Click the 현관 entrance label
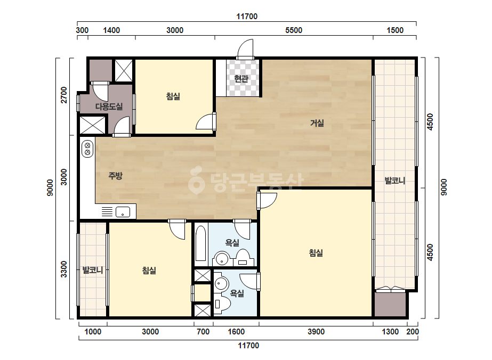coord(241,78)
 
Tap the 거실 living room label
coord(317,123)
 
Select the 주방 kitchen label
coord(115,176)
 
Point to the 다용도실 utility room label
coord(109,107)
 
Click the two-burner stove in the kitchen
coord(87,149)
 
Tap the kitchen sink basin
coord(123,212)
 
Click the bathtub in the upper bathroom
coord(200,243)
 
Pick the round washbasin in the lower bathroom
coord(222,284)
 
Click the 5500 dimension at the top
coord(294,30)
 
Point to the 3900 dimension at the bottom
coord(316,331)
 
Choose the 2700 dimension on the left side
coord(63,95)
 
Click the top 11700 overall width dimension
coord(247,17)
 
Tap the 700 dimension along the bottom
coord(203,331)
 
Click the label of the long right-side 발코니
coord(395,181)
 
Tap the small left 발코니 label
coord(93,270)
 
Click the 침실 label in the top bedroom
coord(173,96)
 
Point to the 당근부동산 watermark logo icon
coord(196,180)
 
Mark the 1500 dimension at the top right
coord(395,30)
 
